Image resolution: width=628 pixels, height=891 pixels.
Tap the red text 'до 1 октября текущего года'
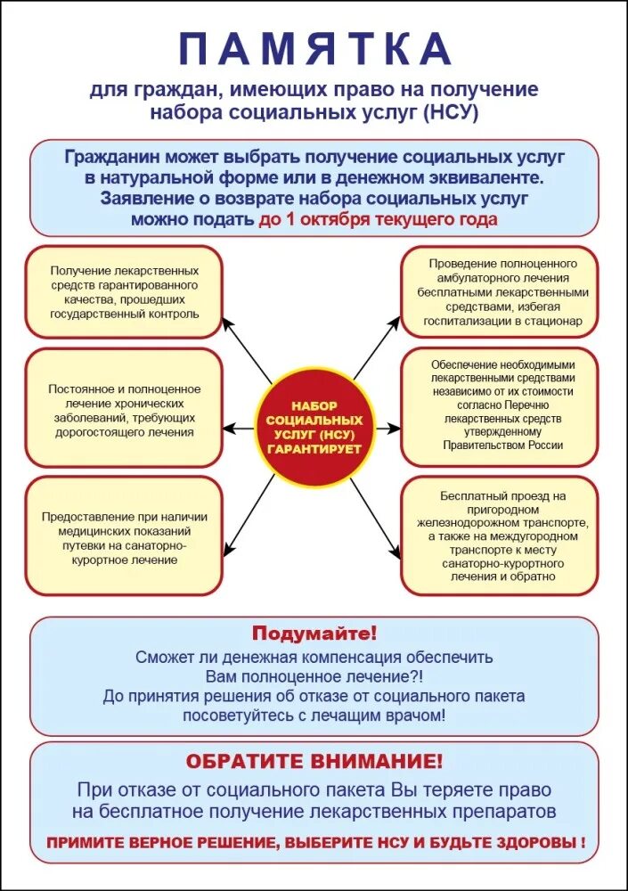pyautogui.click(x=379, y=219)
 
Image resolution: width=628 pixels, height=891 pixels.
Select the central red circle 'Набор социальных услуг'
pyautogui.click(x=314, y=428)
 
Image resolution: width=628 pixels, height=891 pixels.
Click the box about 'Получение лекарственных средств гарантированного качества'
pyautogui.click(x=124, y=292)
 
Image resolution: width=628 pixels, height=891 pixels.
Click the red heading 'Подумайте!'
pyautogui.click(x=314, y=634)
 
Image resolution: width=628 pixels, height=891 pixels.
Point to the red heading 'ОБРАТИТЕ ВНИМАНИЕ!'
pyautogui.click(x=314, y=762)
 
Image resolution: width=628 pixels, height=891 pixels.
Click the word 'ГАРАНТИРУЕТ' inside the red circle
pyautogui.click(x=314, y=448)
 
